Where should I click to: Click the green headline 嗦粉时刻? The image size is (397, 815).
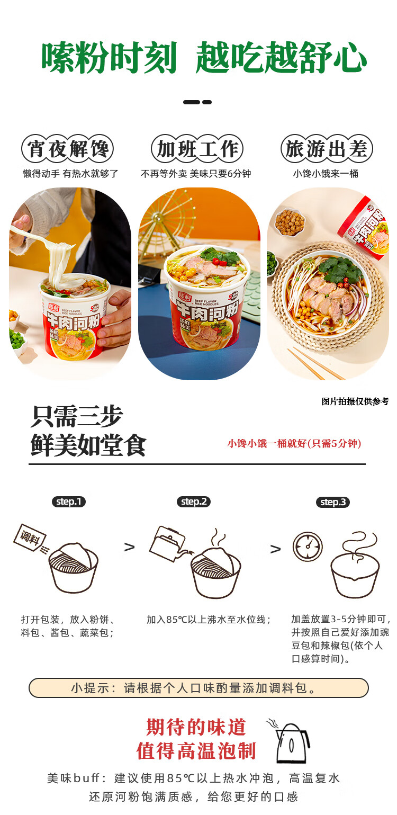click(x=109, y=58)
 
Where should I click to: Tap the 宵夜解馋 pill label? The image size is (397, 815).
click(x=68, y=149)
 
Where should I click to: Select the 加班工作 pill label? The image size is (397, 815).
click(x=197, y=149)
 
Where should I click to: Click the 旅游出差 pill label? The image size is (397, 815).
click(x=327, y=149)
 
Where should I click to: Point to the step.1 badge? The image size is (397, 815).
click(x=68, y=501)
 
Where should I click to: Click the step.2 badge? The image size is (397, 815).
click(x=194, y=501)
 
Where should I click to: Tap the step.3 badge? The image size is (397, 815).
click(x=332, y=502)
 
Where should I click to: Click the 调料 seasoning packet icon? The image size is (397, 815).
click(x=30, y=538)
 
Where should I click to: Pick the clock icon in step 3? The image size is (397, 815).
click(x=308, y=547)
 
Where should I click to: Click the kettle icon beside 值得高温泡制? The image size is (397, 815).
click(x=291, y=742)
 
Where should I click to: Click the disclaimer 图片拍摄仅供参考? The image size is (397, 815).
click(x=355, y=401)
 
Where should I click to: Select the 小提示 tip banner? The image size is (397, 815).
click(x=198, y=688)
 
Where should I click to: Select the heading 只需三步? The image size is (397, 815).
click(x=77, y=417)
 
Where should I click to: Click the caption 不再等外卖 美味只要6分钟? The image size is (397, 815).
click(x=196, y=174)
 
